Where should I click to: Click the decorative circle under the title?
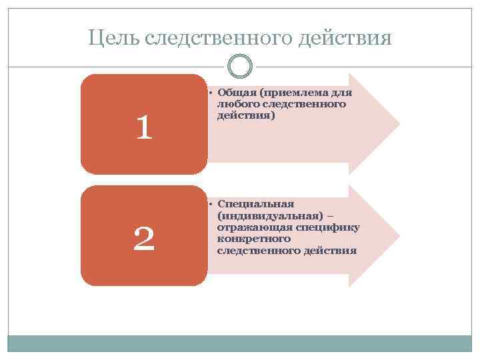coord(240,66)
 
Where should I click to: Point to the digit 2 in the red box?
coord(144,238)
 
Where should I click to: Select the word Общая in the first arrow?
coord(236,93)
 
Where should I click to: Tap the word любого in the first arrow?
coord(236,104)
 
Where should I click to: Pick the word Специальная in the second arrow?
coord(255,205)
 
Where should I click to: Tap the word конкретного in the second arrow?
coord(253,239)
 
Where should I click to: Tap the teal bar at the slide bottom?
coord(240,343)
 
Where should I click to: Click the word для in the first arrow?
coord(340,93)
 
